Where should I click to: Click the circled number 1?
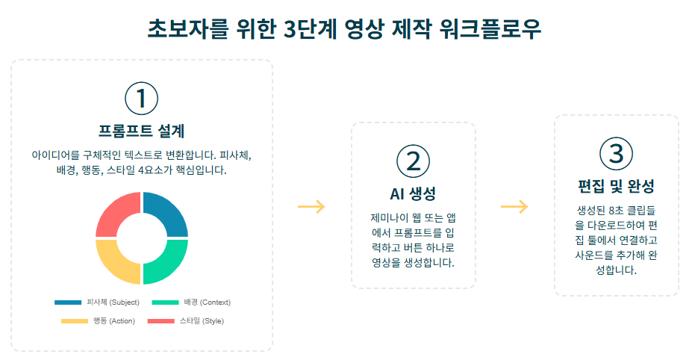141,99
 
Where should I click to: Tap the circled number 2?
413,161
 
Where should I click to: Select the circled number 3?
616,153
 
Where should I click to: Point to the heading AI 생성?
413,193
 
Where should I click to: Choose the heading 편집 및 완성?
616,185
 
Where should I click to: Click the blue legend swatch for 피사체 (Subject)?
68,302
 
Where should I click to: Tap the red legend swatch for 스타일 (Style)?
160,321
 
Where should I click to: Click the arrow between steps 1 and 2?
311,207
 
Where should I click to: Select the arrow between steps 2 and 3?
514,207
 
